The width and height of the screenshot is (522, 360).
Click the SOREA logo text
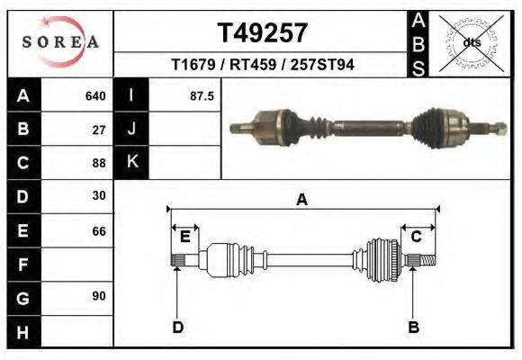click(60, 42)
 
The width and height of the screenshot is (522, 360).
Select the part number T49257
click(263, 33)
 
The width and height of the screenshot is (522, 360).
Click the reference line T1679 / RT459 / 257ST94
click(263, 65)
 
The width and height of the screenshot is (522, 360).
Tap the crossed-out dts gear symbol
click(472, 42)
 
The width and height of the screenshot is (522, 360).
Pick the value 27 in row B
click(99, 130)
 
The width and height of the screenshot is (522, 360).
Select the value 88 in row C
click(99, 163)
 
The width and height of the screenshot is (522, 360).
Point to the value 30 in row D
click(99, 195)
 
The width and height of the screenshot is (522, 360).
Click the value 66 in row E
click(99, 231)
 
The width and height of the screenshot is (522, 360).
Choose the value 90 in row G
click(99, 296)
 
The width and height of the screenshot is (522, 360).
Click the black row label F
click(22, 265)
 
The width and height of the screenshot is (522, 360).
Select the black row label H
click(22, 331)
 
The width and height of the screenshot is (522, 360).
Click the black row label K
click(131, 163)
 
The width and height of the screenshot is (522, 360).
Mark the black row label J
click(131, 130)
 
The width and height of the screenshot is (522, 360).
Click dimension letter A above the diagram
click(301, 200)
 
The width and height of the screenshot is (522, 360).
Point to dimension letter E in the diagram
click(184, 237)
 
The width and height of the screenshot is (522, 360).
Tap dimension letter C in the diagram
click(417, 237)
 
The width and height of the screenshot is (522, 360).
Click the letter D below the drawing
click(177, 326)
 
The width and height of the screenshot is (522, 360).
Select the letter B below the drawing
click(414, 326)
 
